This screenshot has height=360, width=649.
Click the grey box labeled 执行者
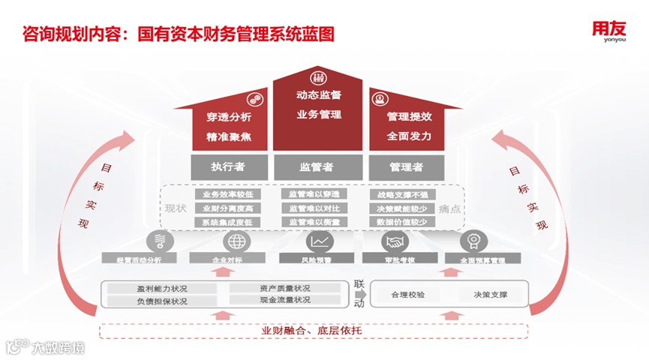coord(229,166)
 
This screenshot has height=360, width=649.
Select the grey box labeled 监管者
coord(317,166)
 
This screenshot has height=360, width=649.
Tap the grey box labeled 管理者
coord(406,166)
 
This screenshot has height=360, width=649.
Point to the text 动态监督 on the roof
coord(318,96)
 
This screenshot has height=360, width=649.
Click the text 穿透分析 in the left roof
coord(229,118)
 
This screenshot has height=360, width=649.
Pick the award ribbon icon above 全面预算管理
coord(474,241)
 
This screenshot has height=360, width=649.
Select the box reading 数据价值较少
coord(401,222)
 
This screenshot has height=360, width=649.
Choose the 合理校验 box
coord(408,295)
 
